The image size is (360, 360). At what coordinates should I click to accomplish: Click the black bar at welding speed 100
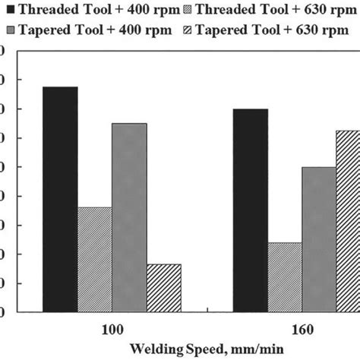(60, 199)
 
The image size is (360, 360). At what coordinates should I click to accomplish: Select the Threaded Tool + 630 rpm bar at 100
(94, 259)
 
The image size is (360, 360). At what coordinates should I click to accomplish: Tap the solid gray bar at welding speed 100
(129, 217)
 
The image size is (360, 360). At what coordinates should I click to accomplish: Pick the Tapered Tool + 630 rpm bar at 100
(163, 288)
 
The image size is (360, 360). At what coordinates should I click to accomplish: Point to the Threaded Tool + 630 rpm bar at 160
(284, 277)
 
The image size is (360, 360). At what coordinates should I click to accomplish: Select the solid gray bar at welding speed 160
(319, 239)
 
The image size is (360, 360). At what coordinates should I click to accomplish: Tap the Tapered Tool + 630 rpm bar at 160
(348, 221)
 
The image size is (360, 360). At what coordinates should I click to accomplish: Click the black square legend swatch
(10, 10)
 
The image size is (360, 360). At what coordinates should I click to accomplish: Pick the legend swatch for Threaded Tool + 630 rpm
(188, 10)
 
